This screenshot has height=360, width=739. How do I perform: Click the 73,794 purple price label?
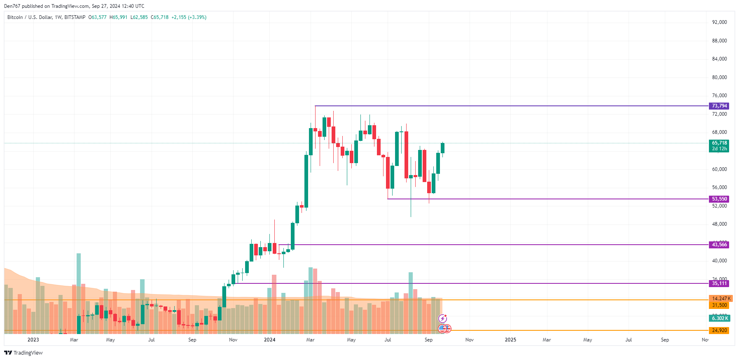(719, 106)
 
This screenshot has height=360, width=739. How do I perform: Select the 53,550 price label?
(719, 199)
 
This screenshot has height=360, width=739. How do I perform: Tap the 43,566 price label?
(719, 245)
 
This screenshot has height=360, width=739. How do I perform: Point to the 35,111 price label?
(719, 283)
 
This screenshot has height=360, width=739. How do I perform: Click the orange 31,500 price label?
(719, 305)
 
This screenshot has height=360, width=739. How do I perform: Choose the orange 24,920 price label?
(719, 330)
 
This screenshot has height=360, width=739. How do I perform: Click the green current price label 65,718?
(719, 143)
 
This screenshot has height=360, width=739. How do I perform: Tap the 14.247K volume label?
(720, 299)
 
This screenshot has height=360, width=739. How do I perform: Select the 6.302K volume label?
(719, 318)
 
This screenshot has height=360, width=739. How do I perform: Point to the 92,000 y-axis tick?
(719, 22)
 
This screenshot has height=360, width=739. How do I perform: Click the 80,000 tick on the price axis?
(719, 77)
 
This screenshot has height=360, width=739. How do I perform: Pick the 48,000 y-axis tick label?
(719, 224)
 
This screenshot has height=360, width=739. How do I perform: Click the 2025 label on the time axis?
(510, 340)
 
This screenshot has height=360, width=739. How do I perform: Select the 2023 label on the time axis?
(33, 340)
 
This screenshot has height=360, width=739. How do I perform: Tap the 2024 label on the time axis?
(270, 340)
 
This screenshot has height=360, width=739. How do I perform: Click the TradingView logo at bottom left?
(23, 353)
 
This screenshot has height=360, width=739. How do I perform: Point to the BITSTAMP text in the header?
(75, 17)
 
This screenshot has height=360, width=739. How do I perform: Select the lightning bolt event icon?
(442, 318)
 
